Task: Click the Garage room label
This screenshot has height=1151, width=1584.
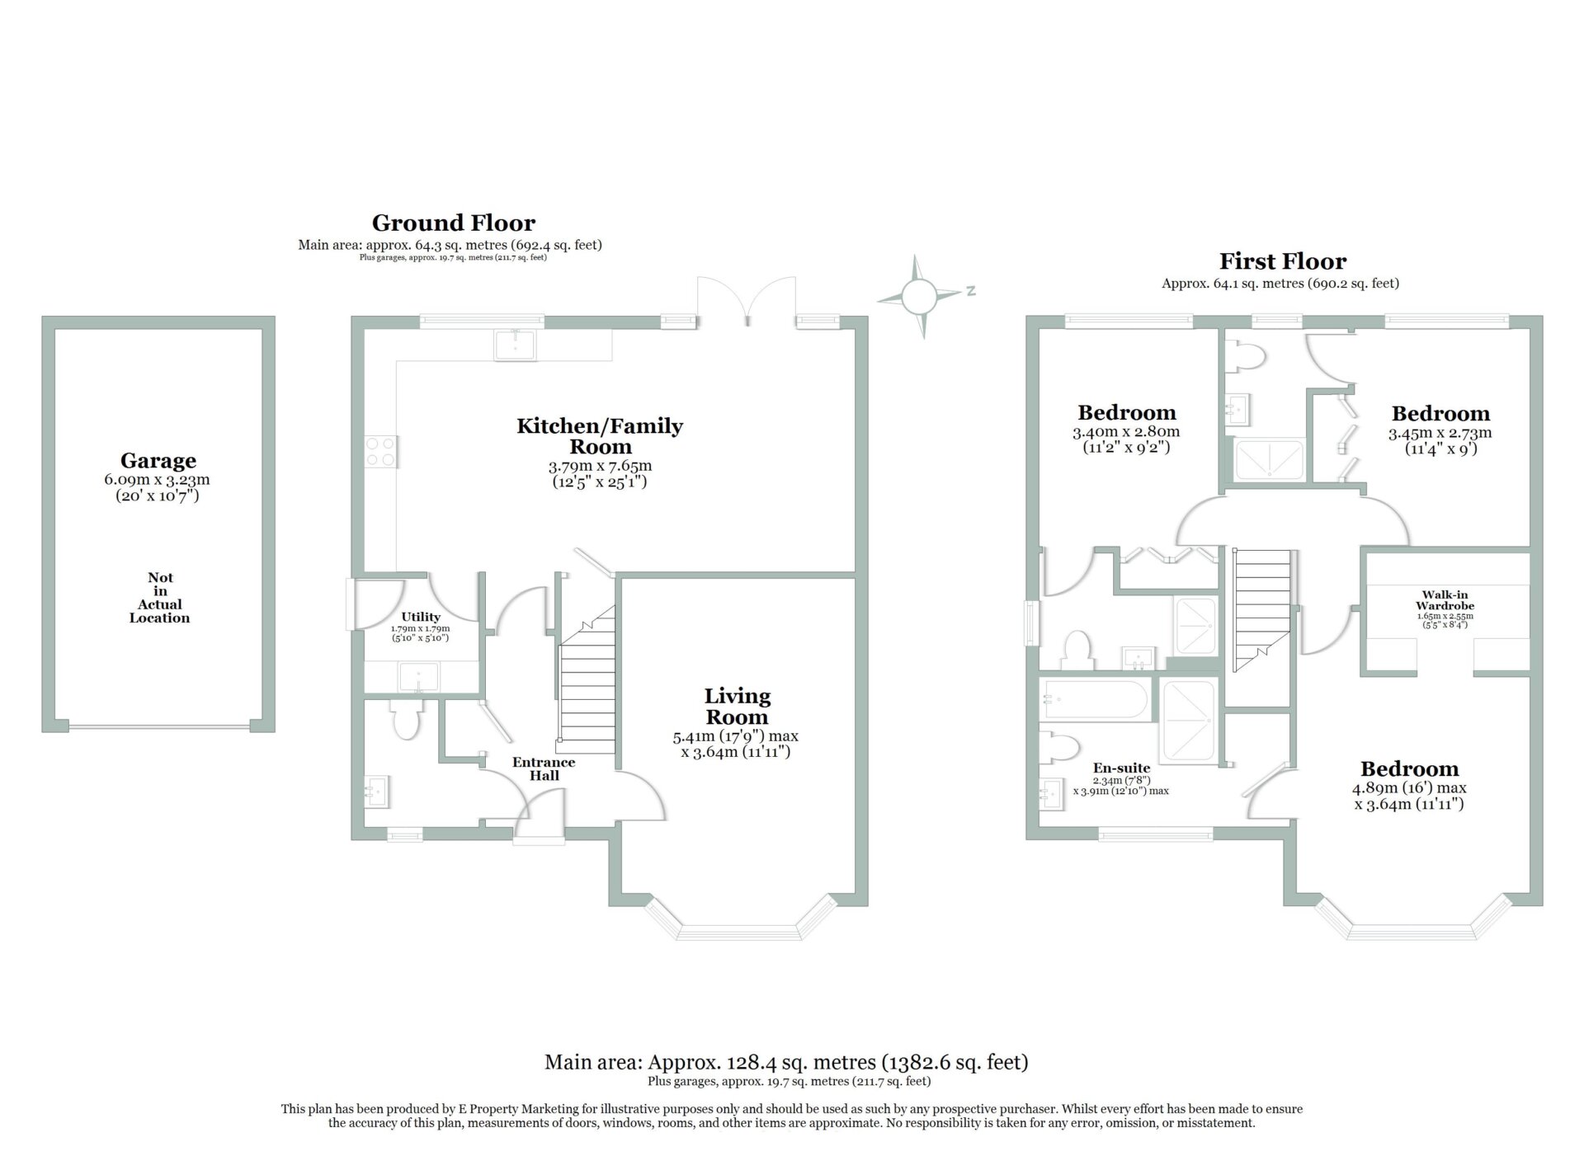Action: click(158, 460)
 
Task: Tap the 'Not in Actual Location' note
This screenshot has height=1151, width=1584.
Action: click(159, 598)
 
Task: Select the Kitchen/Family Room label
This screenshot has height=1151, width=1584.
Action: click(600, 436)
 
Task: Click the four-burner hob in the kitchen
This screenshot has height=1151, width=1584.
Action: click(379, 452)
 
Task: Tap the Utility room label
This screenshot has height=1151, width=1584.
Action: click(421, 617)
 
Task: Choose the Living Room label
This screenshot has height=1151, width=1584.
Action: click(737, 707)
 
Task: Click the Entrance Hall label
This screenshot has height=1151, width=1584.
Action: click(544, 768)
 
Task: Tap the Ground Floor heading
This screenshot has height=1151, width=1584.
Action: click(453, 223)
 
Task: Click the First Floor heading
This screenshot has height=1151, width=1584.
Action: click(1283, 261)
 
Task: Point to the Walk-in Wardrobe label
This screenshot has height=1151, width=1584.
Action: click(1445, 600)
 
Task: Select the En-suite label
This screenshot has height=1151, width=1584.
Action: click(1121, 768)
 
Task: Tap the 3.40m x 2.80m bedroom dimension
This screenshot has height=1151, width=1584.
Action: click(1126, 432)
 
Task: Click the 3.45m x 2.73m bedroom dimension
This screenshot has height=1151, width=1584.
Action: click(1440, 433)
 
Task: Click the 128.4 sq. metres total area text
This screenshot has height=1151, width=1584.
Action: click(785, 1062)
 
